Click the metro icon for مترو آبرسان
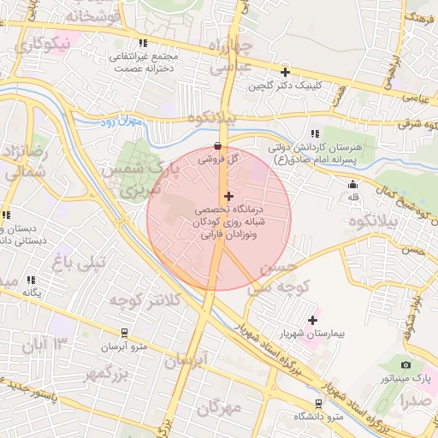coord(125,333)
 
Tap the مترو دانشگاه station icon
coord(318,404)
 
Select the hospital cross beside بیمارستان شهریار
coord(312,320)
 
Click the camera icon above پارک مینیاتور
coord(405,365)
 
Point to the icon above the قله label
coord(352,185)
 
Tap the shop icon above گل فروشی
coord(218,145)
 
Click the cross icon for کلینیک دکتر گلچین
coord(285,72)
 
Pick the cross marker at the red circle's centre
coord(228,196)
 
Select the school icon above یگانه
coord(32,280)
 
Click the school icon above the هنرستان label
coord(315,133)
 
